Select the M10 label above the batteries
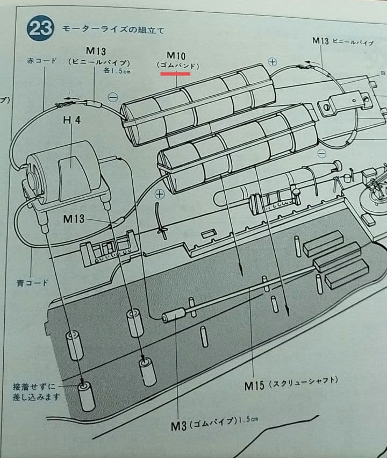(x=176, y=55)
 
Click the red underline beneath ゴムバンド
(x=176, y=74)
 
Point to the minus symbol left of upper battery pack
(x=113, y=97)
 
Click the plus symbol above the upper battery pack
(x=273, y=62)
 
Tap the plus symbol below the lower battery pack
(x=160, y=195)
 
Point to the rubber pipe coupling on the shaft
(x=174, y=316)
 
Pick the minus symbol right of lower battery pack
(x=321, y=154)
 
